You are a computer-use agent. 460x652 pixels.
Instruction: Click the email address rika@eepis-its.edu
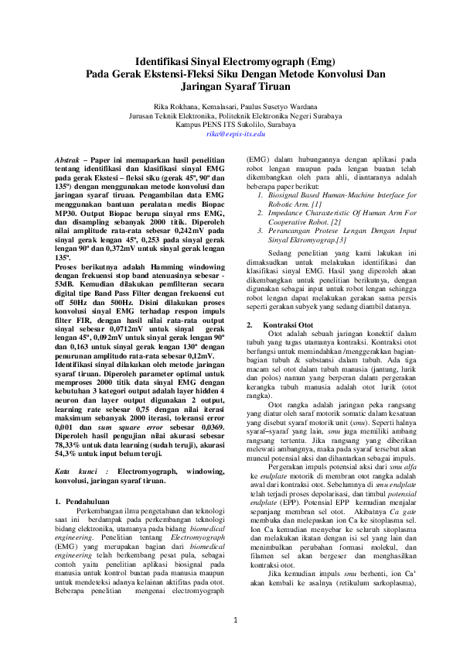point(236,134)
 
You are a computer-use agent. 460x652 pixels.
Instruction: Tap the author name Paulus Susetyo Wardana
point(281,106)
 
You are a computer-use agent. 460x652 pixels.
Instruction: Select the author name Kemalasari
point(226,106)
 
